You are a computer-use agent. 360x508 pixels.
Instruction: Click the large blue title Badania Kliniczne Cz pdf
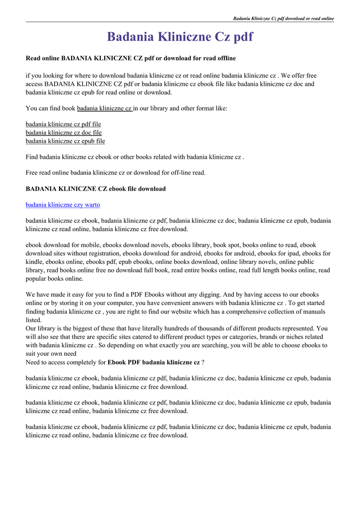tap(180, 37)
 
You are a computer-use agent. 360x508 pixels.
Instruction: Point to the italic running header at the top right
tap(284, 18)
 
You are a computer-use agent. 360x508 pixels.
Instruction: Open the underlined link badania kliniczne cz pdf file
tap(63, 124)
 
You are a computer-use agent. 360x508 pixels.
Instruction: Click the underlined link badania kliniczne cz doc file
tap(64, 132)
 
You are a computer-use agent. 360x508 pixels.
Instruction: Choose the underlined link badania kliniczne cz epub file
tap(65, 141)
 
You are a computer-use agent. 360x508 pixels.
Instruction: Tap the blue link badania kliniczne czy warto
tap(63, 204)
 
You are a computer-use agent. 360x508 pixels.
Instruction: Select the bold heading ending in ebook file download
tap(95, 189)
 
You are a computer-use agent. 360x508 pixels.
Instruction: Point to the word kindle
tap(34, 261)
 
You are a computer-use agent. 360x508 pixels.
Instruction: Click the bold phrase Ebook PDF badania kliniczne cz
tap(153, 362)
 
